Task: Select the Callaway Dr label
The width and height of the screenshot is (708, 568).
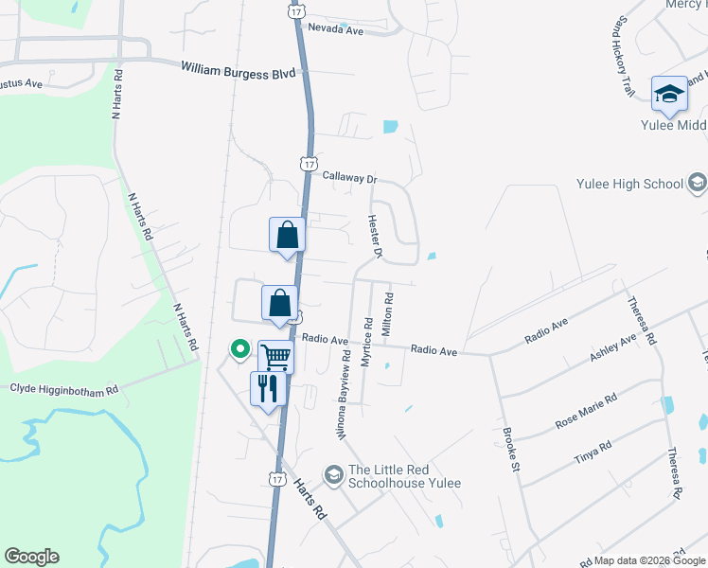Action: pyautogui.click(x=349, y=177)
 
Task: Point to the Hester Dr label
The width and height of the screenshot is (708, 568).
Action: pyautogui.click(x=374, y=237)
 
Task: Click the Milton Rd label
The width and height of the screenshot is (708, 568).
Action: pyautogui.click(x=387, y=311)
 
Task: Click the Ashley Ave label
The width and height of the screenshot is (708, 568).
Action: pyautogui.click(x=613, y=347)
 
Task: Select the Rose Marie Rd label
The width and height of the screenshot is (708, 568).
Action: pyautogui.click(x=586, y=412)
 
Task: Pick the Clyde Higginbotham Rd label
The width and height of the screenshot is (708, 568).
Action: pyautogui.click(x=64, y=388)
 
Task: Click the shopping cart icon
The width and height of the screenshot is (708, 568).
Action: pyautogui.click(x=275, y=358)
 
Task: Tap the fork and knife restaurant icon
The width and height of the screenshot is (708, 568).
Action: pyautogui.click(x=268, y=388)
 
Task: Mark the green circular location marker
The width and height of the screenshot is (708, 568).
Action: pyautogui.click(x=240, y=350)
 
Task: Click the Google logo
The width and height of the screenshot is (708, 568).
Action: pyautogui.click(x=31, y=557)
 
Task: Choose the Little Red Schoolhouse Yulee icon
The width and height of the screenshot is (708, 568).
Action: pyautogui.click(x=332, y=472)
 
